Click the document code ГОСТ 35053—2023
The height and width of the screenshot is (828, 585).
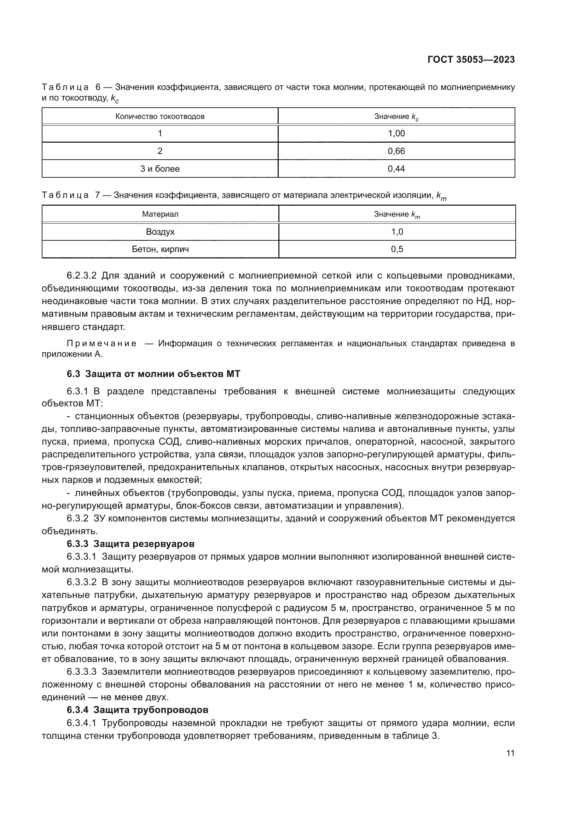(471, 60)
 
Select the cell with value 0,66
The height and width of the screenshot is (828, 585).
(396, 151)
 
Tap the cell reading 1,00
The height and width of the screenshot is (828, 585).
(396, 133)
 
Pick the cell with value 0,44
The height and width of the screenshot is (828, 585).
(396, 169)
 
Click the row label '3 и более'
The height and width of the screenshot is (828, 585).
(160, 169)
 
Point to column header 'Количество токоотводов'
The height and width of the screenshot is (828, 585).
(160, 116)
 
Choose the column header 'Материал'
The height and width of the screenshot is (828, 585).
(160, 214)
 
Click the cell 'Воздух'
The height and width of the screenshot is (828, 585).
(160, 232)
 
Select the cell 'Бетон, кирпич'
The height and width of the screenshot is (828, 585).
(160, 249)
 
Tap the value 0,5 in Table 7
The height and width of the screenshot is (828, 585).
(397, 249)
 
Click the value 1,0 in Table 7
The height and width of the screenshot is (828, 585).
(397, 232)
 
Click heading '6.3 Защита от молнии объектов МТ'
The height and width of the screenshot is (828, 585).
(154, 374)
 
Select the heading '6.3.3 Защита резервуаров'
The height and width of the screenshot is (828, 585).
(131, 543)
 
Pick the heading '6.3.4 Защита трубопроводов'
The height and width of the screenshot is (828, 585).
(137, 710)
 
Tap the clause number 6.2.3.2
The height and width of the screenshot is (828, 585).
(81, 276)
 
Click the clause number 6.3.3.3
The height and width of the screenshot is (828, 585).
(81, 672)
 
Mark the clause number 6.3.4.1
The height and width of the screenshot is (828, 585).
(81, 723)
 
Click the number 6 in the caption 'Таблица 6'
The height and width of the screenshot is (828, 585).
(98, 87)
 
